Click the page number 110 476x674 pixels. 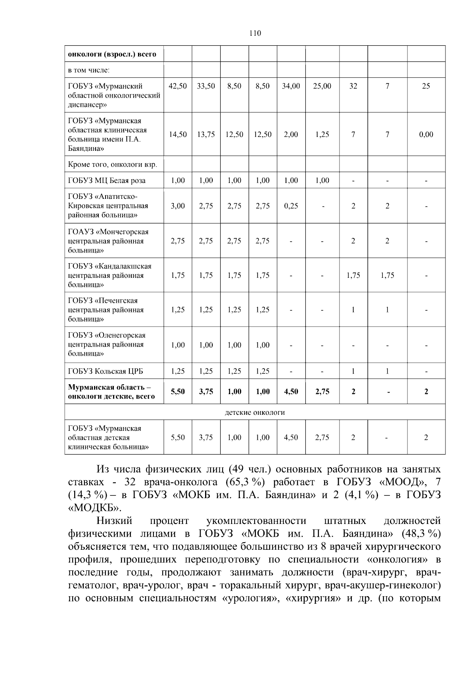[255, 33]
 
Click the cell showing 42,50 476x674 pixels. [178, 86]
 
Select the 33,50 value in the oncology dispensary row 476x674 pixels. [206, 86]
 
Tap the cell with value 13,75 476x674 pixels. [206, 135]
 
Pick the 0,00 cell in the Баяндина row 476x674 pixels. [426, 135]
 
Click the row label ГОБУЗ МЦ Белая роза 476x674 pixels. [107, 181]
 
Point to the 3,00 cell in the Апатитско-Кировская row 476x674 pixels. [178, 206]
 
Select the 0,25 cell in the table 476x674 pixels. [291, 206]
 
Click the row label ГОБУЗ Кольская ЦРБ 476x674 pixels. [106, 372]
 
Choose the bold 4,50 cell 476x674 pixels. [291, 392]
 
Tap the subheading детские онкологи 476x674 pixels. [255, 412]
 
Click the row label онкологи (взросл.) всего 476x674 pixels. [112, 54]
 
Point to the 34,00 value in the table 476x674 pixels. [291, 86]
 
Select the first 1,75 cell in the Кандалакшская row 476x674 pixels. [178, 275]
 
